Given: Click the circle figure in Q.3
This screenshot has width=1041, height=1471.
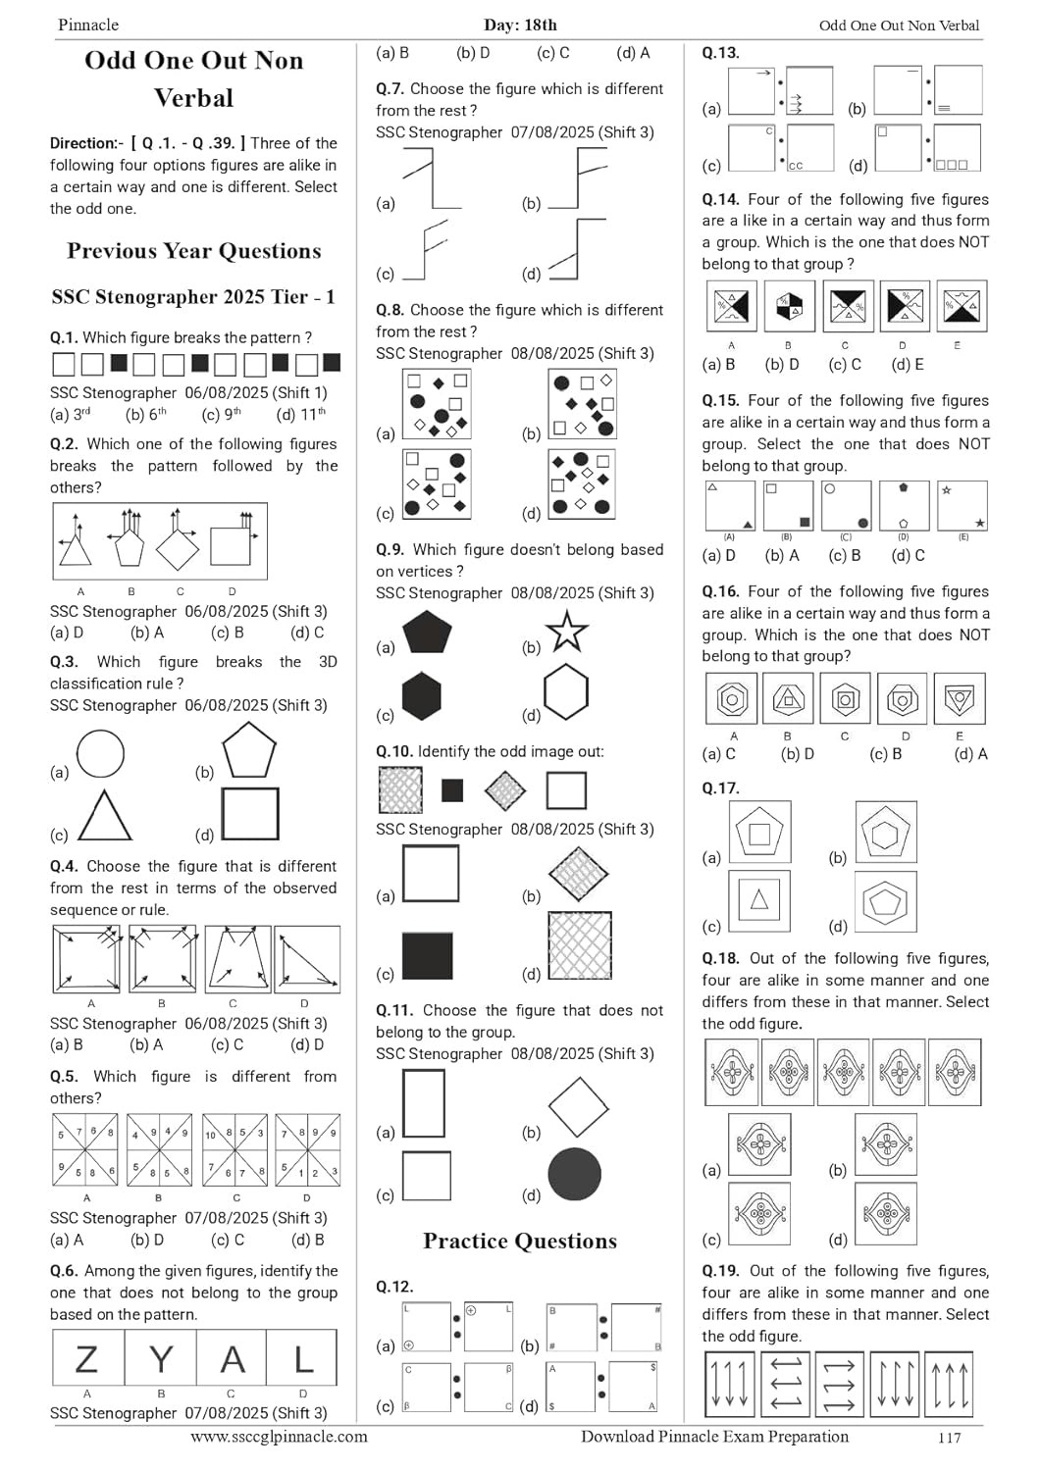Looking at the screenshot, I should tap(100, 754).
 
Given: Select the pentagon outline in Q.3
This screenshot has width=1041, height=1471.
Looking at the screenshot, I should tap(249, 752).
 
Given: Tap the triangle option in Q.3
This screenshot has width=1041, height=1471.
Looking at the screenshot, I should tap(104, 816).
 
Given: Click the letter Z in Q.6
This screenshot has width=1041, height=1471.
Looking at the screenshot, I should tap(87, 1359).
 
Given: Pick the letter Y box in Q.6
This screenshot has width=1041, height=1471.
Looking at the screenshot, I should tap(160, 1359).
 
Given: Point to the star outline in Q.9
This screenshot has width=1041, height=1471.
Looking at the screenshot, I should tap(566, 632).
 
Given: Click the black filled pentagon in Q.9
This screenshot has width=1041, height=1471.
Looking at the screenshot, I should tap(427, 633).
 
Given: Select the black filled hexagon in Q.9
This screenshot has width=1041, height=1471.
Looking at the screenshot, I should tap(421, 696).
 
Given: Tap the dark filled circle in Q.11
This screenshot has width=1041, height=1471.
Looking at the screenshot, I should tap(574, 1175).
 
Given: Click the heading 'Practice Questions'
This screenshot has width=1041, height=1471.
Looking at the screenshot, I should tap(520, 1241).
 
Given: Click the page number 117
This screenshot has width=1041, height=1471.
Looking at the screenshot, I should tap(949, 1438).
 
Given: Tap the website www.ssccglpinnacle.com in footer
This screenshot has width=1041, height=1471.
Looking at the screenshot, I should tap(279, 1437).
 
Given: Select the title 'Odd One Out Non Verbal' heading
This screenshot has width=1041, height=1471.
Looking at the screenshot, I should tap(194, 78).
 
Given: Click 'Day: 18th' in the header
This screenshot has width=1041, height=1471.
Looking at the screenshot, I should tap(520, 25).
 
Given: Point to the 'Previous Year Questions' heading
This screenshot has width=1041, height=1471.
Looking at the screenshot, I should tap(194, 251).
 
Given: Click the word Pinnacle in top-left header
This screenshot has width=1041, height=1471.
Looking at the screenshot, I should tap(88, 25).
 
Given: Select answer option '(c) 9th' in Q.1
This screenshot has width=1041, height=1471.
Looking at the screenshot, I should tap(221, 414).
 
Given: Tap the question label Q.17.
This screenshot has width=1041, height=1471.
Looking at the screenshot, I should tap(720, 787).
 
